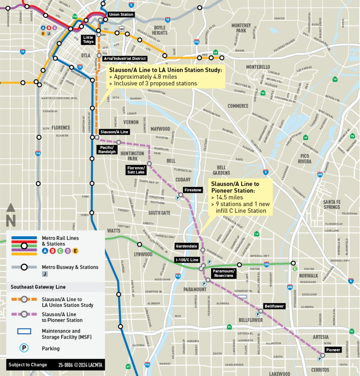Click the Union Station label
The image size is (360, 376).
[x=121, y=14]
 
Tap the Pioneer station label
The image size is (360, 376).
[x=333, y=350]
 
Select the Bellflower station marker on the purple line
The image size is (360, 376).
[x=261, y=311]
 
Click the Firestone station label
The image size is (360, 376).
[x=193, y=190]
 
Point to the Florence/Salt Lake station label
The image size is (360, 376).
[x=136, y=170]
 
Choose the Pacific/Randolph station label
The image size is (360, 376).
[x=107, y=149]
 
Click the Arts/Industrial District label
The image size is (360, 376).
[x=125, y=58]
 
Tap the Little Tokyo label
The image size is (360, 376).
[x=88, y=40]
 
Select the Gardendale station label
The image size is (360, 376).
[x=186, y=246]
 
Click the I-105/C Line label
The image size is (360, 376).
[x=187, y=260]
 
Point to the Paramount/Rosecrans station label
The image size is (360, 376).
[x=224, y=273]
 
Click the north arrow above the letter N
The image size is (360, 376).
[x=11, y=208]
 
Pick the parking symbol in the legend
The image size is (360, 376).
[x=24, y=348]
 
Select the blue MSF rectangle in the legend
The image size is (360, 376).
[x=24, y=331]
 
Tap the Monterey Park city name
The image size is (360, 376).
[x=241, y=28]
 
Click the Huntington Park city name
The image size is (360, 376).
[x=132, y=156]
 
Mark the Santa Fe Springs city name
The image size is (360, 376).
[x=332, y=204]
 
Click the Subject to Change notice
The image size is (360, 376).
[x=28, y=365]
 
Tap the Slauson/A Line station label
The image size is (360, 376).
[x=114, y=132]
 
